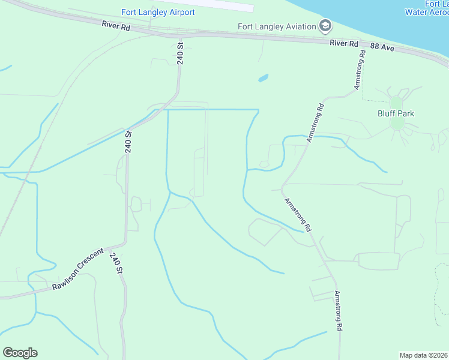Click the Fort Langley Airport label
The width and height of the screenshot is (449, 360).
158,12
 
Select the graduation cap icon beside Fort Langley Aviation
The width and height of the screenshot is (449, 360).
325,25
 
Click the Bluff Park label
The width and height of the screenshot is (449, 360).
396,113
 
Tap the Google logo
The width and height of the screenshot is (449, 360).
20,353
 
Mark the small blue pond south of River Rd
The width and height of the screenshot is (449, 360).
263,78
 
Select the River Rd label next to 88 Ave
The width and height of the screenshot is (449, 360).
344,43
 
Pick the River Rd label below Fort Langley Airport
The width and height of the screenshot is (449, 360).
116,25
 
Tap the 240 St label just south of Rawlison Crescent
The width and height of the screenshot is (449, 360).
116,264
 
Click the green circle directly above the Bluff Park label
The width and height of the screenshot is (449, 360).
396,103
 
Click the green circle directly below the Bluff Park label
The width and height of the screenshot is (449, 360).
397,124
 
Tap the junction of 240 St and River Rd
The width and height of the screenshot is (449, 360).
180,35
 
